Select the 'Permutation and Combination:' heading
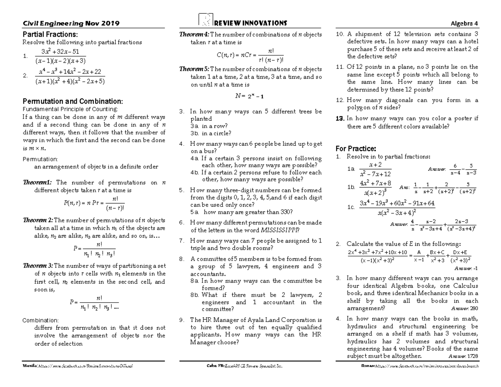tap(73, 101)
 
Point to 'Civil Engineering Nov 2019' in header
tap(71, 23)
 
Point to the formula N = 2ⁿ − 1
tap(249, 96)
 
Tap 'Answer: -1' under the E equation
tap(466, 268)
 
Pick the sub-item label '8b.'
tap(195, 295)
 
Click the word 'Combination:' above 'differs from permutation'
tap(40, 320)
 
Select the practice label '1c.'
tap(351, 207)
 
